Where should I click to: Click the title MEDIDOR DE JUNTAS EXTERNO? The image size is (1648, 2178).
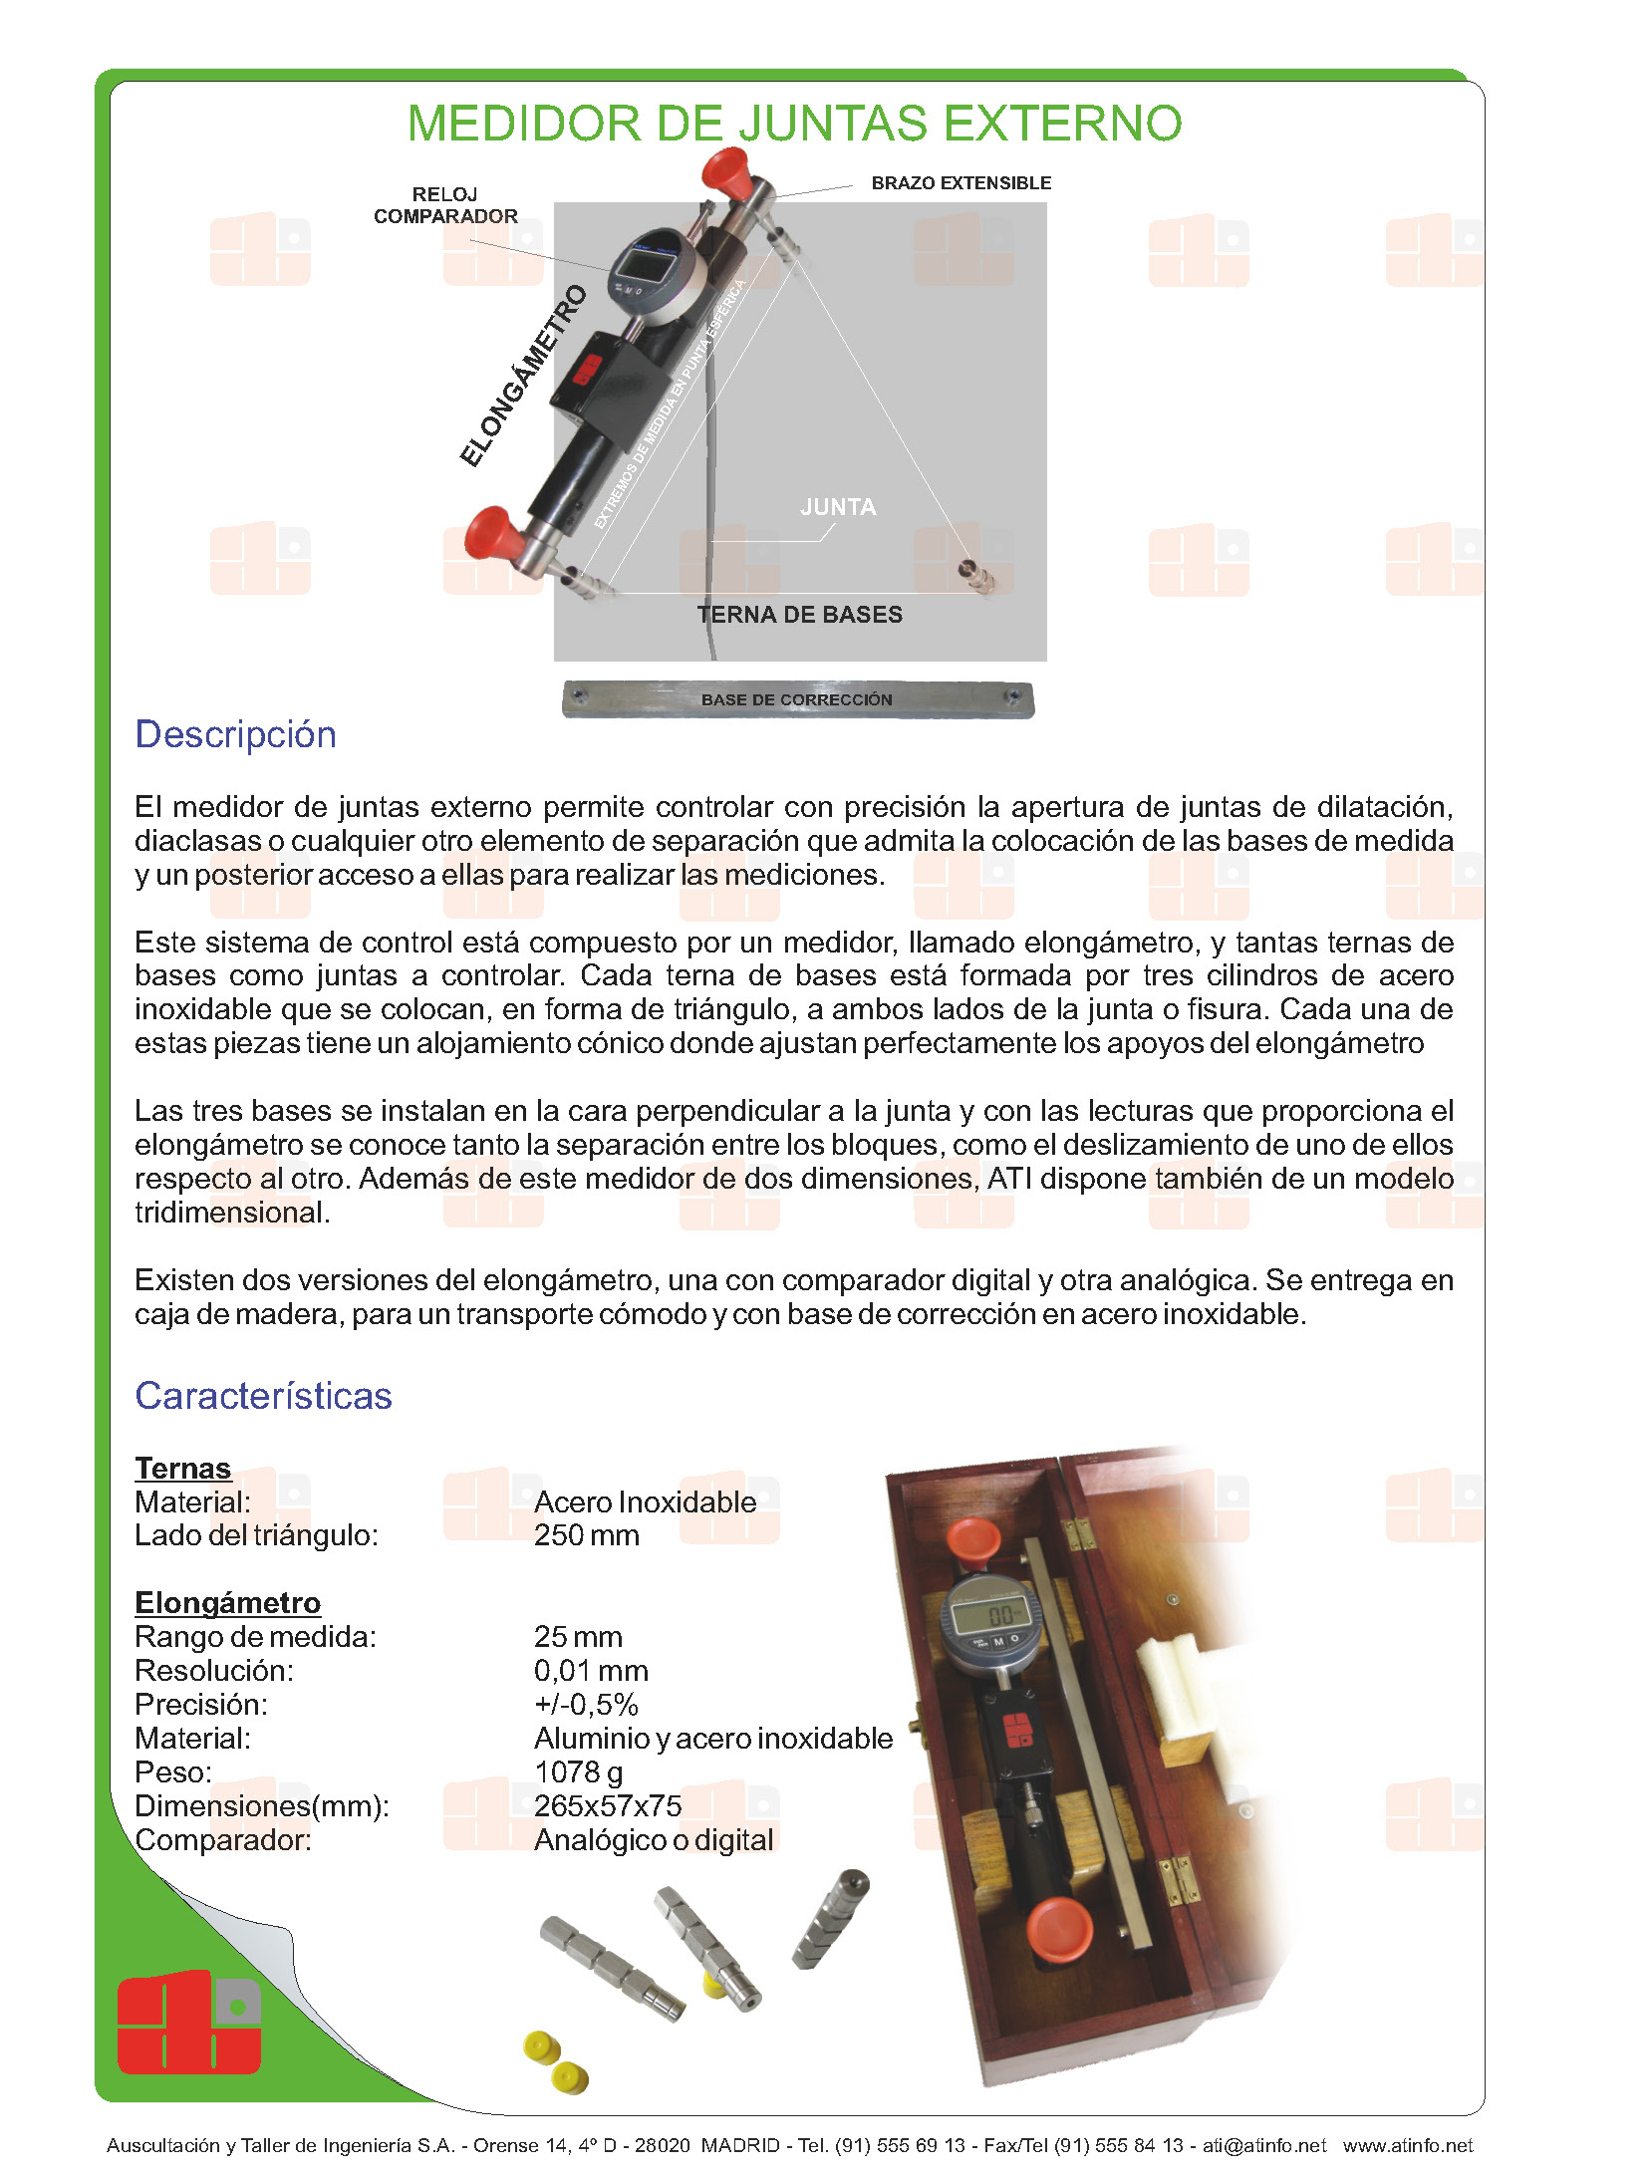tap(794, 125)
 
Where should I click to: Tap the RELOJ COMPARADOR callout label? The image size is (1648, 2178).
tap(445, 205)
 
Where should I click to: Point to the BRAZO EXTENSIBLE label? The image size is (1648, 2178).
tap(961, 183)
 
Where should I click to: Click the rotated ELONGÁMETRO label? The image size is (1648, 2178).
tap(524, 376)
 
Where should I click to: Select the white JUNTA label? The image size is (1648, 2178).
tap(838, 507)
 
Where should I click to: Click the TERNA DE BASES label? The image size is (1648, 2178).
tap(799, 615)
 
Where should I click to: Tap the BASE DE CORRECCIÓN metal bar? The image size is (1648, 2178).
tap(797, 699)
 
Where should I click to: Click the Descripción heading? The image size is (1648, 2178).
tap(236, 734)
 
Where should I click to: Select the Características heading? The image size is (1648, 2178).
tap(263, 1396)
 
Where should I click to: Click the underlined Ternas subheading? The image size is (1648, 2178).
tap(183, 1469)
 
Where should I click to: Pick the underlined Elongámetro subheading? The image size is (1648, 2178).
tap(228, 1602)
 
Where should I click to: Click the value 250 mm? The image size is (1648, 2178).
tap(587, 1535)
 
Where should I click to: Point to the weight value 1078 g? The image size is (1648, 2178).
tap(579, 1772)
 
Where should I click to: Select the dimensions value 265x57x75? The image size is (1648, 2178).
tap(608, 1806)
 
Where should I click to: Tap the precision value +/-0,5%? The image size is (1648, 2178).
tap(586, 1705)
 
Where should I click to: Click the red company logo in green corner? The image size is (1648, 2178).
tap(189, 2023)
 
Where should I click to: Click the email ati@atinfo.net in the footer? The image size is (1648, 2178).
tap(1264, 2145)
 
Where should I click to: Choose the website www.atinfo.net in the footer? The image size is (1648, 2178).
tap(1407, 2145)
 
